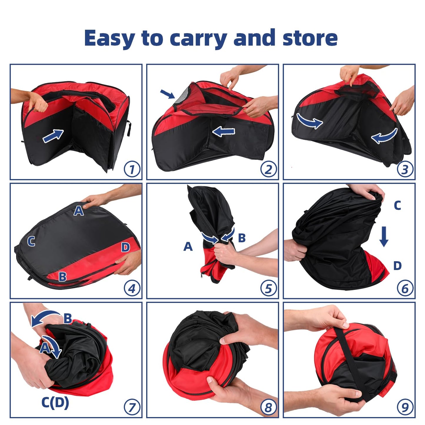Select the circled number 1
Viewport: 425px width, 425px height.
click(132, 169)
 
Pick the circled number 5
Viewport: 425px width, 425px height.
click(269, 288)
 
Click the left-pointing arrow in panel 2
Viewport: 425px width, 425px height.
click(224, 132)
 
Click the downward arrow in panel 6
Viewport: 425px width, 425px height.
click(384, 237)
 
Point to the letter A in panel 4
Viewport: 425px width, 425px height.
click(79, 211)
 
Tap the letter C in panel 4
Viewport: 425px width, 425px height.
click(31, 241)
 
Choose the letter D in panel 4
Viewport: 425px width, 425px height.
click(125, 247)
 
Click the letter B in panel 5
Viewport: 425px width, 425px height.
click(242, 238)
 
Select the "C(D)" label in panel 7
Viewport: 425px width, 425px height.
click(55, 403)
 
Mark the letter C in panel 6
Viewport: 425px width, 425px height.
click(397, 206)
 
